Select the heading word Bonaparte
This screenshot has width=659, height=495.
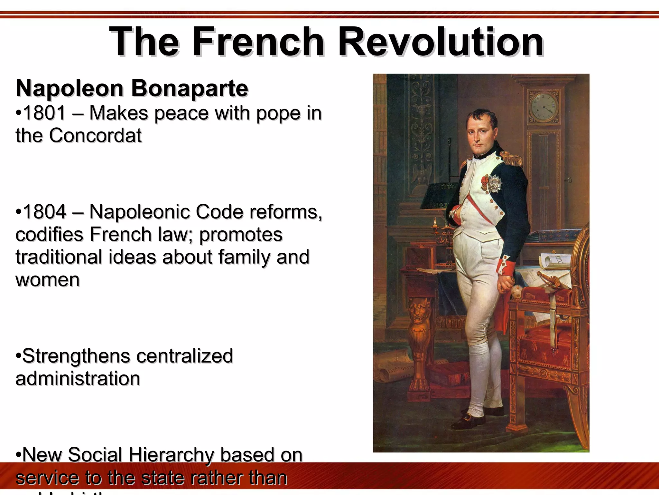pyautogui.click(x=190, y=88)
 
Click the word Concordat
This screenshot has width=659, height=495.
pyautogui.click(x=95, y=135)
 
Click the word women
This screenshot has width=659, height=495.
pyautogui.click(x=47, y=279)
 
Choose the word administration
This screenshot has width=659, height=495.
pyautogui.click(x=78, y=378)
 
